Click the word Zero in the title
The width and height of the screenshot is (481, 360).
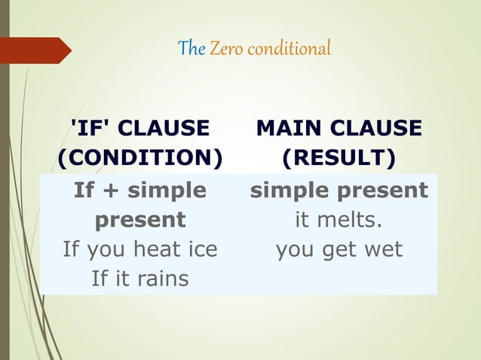224,50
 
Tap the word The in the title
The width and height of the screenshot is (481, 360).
191,50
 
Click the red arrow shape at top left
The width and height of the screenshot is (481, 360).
38,50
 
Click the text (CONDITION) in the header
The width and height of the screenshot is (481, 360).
140,159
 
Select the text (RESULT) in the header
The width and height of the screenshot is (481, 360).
339,159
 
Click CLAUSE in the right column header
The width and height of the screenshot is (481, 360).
378,129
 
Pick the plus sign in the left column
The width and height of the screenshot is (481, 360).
111,191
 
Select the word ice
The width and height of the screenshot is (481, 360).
203,249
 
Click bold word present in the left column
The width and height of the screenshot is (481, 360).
140,221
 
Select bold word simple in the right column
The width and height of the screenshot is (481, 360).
287,191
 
